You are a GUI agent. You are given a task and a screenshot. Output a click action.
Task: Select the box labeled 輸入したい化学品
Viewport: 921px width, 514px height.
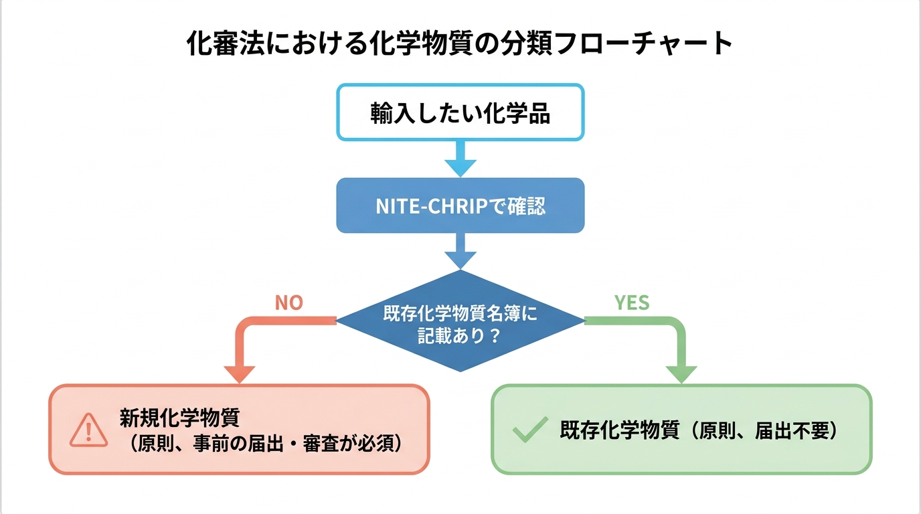(x=460, y=113)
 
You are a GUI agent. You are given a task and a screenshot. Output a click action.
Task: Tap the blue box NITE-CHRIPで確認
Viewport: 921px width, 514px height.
(x=460, y=205)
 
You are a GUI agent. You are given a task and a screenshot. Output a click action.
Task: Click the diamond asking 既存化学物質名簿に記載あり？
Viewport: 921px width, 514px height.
(x=460, y=322)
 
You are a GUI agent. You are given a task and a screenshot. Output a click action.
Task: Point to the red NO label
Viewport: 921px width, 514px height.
(x=288, y=303)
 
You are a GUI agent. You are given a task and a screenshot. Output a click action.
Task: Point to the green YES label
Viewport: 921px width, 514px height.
(x=632, y=303)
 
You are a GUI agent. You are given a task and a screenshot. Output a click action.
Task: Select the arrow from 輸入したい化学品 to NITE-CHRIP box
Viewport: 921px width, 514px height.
(x=460, y=159)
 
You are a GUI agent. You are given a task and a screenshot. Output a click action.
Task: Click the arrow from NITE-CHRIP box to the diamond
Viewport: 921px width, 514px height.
(x=460, y=251)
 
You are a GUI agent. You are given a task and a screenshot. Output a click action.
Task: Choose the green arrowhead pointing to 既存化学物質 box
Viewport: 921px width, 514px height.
(x=681, y=373)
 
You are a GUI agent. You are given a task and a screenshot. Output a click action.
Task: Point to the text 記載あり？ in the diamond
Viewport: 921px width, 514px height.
(x=460, y=335)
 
